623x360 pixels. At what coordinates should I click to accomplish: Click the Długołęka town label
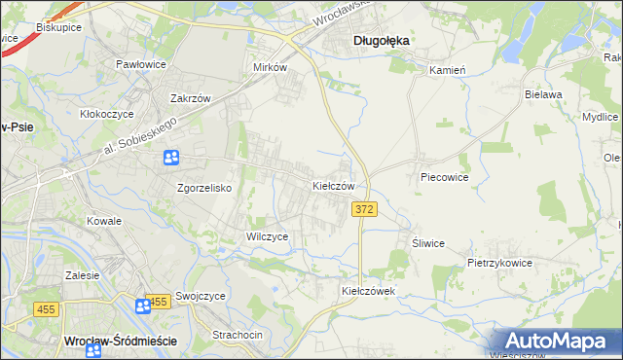[380, 40]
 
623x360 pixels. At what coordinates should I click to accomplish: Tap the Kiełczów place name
[339, 185]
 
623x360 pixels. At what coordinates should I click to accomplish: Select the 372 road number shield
[364, 210]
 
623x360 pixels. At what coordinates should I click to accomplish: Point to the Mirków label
[270, 67]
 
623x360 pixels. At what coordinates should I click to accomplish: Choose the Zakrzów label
[191, 98]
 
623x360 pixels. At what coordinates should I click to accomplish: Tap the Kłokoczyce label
[106, 113]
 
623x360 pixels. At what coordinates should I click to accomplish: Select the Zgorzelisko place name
[203, 188]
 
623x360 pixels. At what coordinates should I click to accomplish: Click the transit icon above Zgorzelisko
[171, 157]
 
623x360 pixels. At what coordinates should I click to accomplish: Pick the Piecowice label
[445, 178]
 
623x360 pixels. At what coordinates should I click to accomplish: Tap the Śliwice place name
[428, 243]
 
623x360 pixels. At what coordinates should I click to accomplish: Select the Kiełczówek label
[365, 291]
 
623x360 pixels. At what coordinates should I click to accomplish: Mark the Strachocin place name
[238, 335]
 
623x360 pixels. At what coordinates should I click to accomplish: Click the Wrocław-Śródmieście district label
[106, 341]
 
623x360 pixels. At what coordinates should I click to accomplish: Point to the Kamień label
[449, 70]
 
